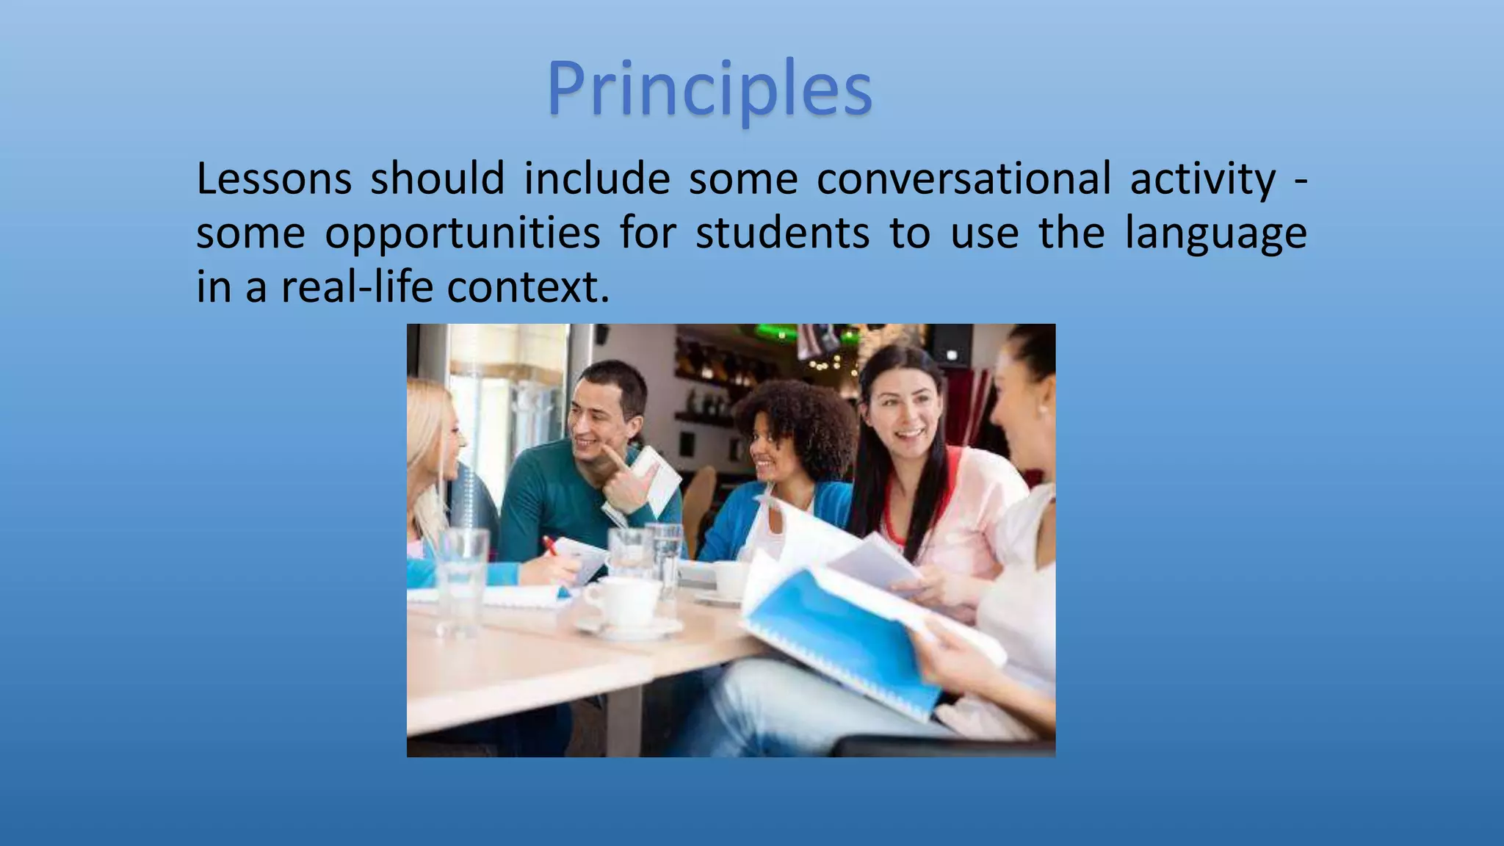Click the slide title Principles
tap(709, 90)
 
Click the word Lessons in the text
tap(274, 180)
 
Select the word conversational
tap(963, 180)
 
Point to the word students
tap(782, 234)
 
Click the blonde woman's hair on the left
tap(426, 441)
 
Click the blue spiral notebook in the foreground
tap(837, 639)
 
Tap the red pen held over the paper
tap(549, 546)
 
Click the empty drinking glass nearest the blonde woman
tap(462, 580)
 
